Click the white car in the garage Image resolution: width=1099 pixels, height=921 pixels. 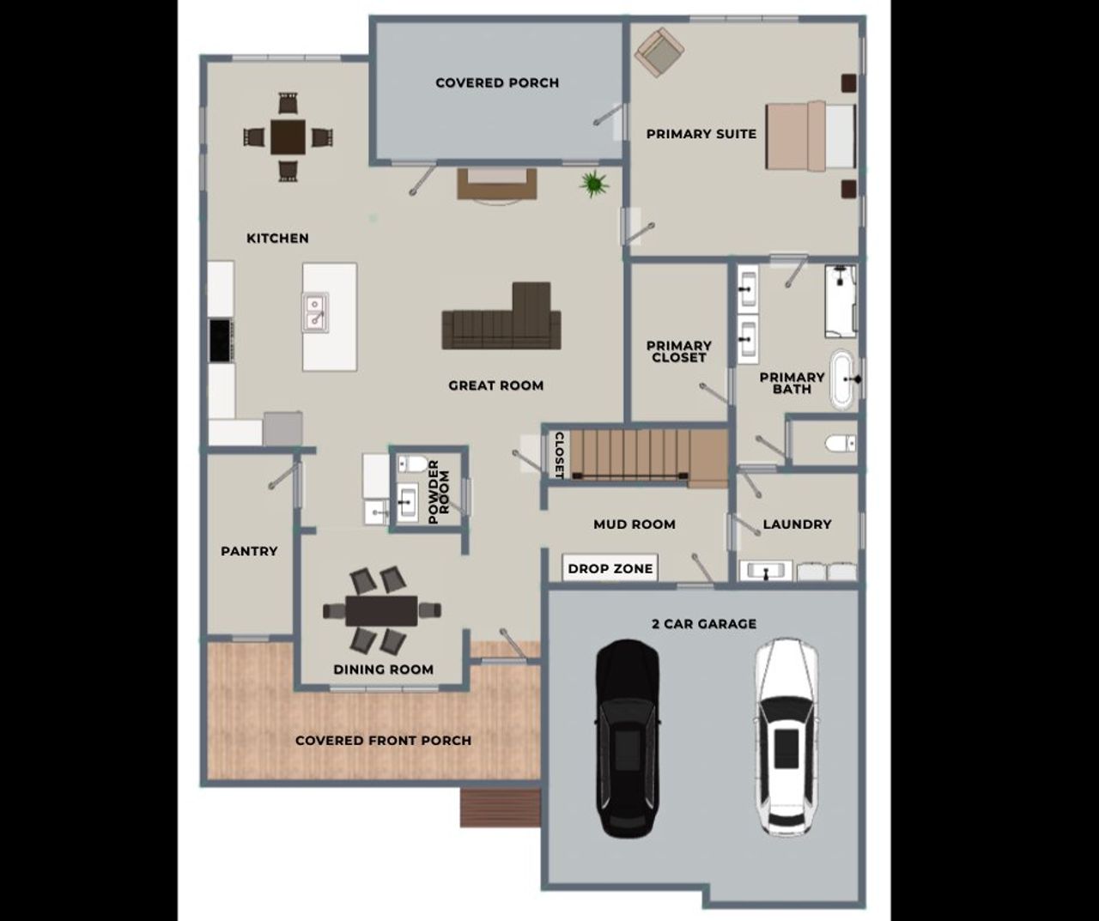786,736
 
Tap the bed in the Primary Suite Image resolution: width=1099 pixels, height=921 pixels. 811,136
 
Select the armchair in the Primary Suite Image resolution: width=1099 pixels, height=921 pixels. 659,52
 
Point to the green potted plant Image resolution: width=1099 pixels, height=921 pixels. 592,183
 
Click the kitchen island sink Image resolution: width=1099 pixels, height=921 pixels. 315,312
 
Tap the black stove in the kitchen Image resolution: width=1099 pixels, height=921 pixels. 221,340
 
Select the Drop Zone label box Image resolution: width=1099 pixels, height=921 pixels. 610,568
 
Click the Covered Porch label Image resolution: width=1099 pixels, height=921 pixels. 497,83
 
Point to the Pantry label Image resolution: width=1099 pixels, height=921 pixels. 249,551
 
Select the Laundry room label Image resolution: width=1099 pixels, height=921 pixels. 797,524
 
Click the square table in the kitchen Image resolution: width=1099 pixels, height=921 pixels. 287,136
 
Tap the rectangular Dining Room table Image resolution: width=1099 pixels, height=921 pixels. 382,610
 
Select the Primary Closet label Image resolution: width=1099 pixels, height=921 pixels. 679,351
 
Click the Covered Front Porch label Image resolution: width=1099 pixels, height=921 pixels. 383,740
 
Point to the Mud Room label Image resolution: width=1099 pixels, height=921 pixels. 635,524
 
